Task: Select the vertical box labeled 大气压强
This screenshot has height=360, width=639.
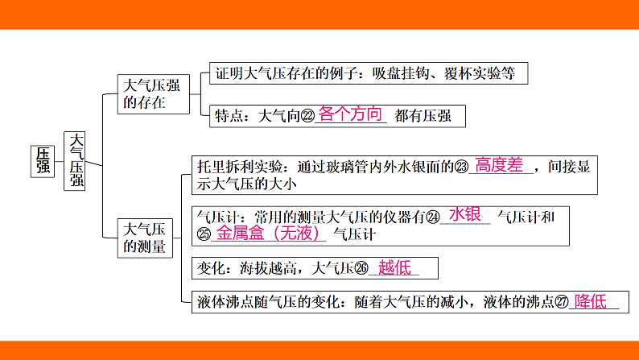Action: click(x=76, y=160)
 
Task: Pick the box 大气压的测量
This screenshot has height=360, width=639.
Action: click(x=146, y=238)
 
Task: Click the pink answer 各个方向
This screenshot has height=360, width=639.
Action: click(x=350, y=114)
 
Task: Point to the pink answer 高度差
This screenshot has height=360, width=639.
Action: click(x=499, y=165)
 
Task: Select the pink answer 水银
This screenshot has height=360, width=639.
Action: click(x=465, y=214)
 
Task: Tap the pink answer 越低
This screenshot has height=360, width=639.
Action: click(x=394, y=267)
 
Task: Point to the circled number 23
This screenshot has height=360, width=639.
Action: click(x=461, y=168)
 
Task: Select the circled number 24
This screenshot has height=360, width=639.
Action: click(x=433, y=217)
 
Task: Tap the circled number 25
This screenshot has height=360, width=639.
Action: click(x=203, y=234)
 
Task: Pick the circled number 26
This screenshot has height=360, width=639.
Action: click(x=361, y=268)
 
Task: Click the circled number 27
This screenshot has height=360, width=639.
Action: click(x=562, y=303)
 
